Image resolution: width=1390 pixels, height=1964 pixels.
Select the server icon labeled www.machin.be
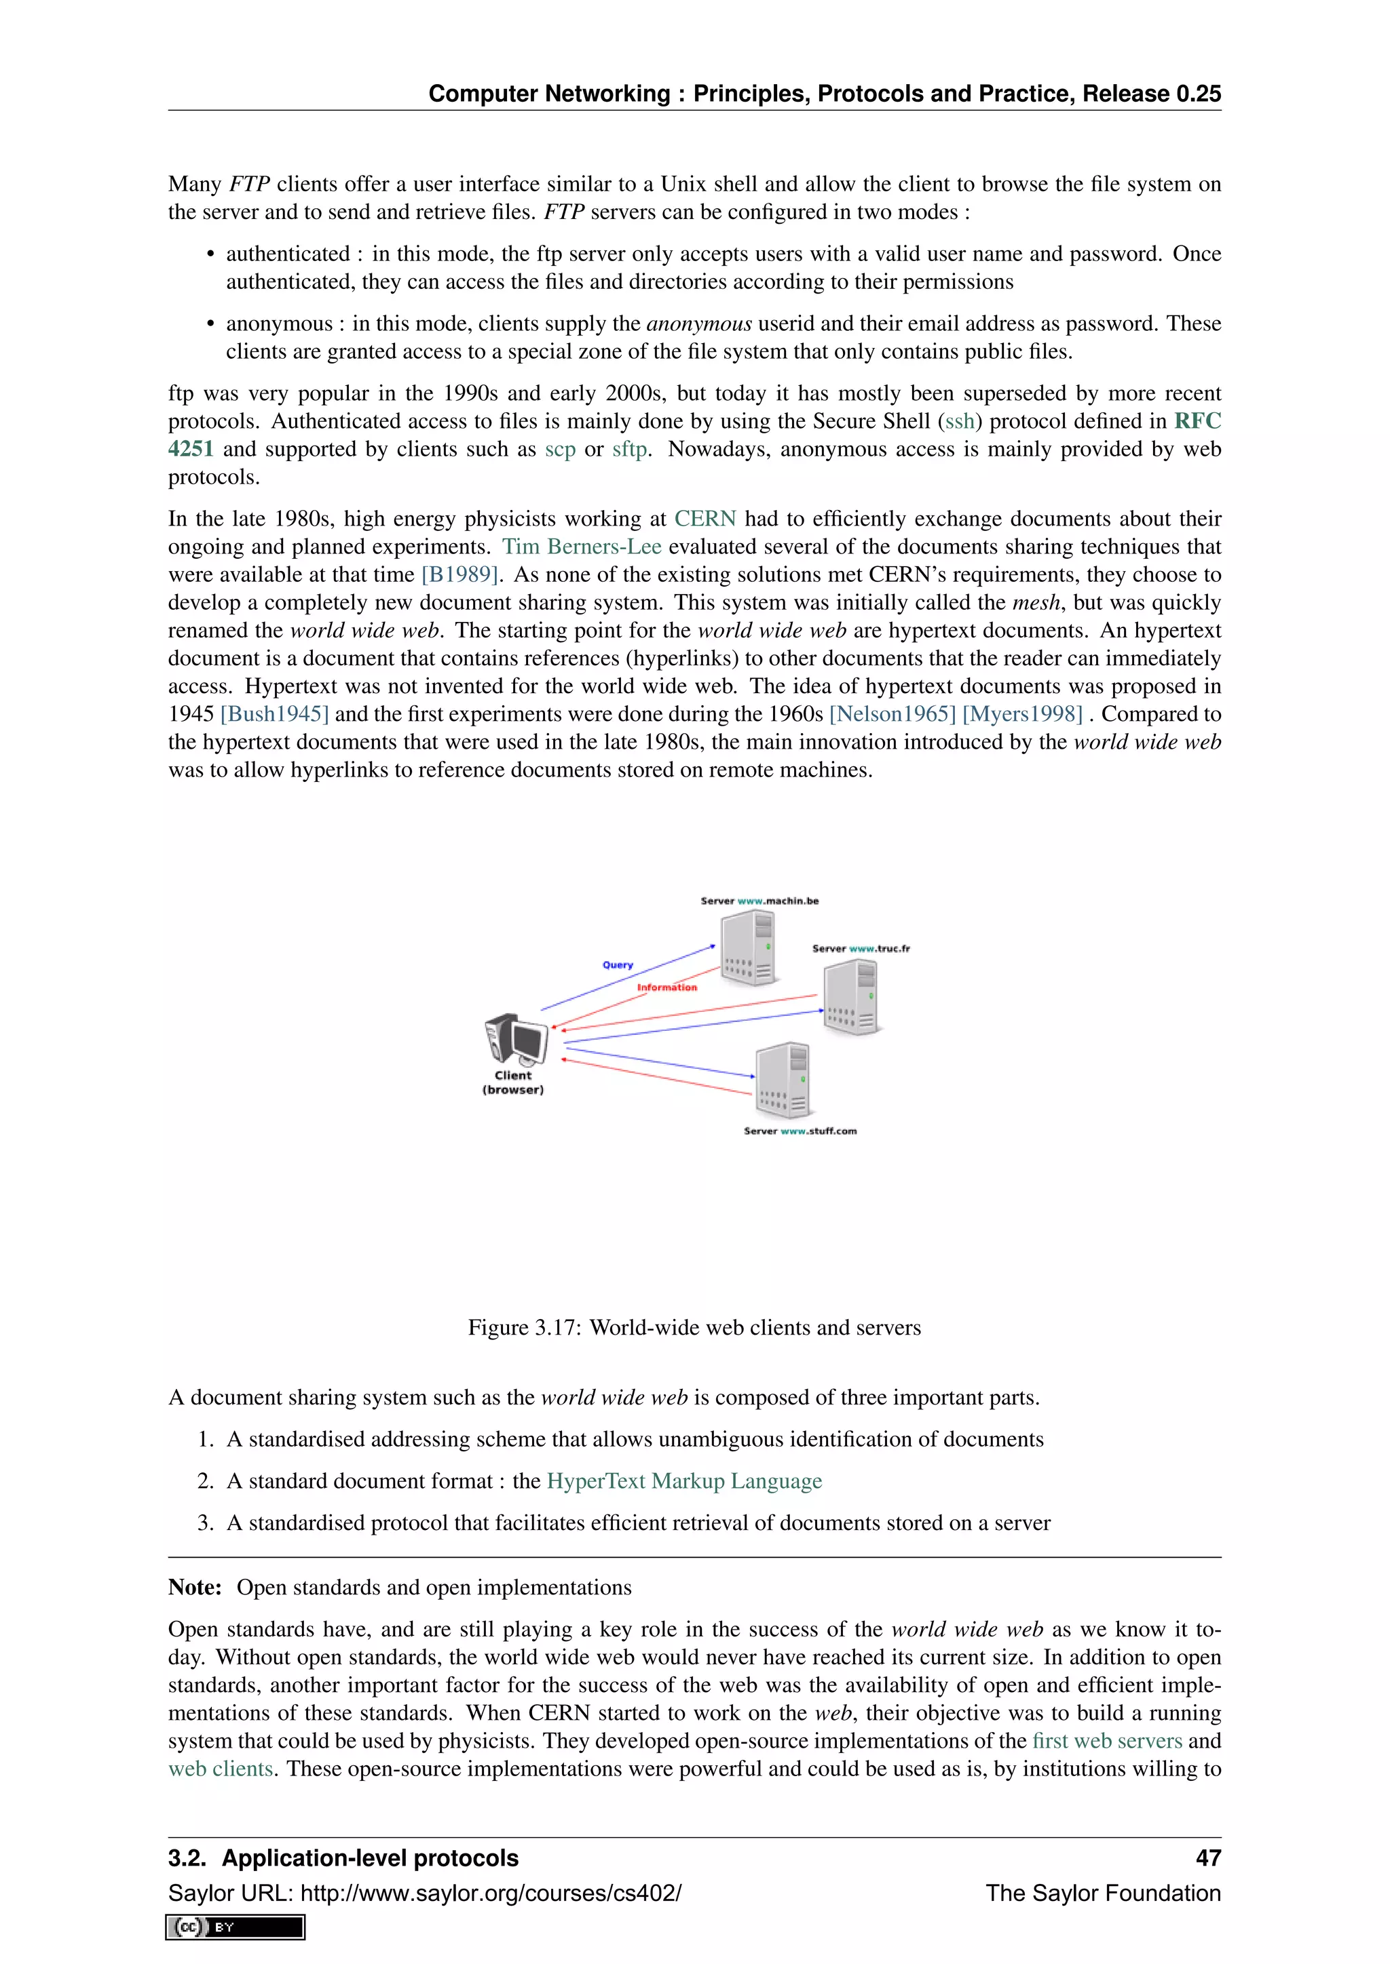tap(748, 948)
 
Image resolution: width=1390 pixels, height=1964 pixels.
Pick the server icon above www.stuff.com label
tap(783, 1080)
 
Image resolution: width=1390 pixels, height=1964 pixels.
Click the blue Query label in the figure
tap(617, 965)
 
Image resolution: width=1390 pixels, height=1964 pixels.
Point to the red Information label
tap(666, 987)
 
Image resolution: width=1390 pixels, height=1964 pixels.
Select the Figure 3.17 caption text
tap(694, 1328)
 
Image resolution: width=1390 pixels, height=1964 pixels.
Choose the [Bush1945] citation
tap(274, 714)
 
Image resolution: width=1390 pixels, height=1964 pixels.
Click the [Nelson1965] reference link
tap(892, 714)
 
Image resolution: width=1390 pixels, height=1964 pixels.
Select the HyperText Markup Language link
tap(684, 1480)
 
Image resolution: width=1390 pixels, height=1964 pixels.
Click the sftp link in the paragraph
tap(629, 449)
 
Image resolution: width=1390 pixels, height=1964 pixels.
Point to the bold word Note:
tap(195, 1588)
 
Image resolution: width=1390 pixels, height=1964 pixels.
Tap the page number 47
tap(1207, 1858)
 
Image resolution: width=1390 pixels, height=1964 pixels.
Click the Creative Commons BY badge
tap(236, 1927)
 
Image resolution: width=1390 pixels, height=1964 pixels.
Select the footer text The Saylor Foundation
tap(1102, 1893)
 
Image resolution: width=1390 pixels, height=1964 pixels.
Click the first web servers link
tap(1107, 1741)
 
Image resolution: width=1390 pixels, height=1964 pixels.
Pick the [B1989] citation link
tap(459, 575)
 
